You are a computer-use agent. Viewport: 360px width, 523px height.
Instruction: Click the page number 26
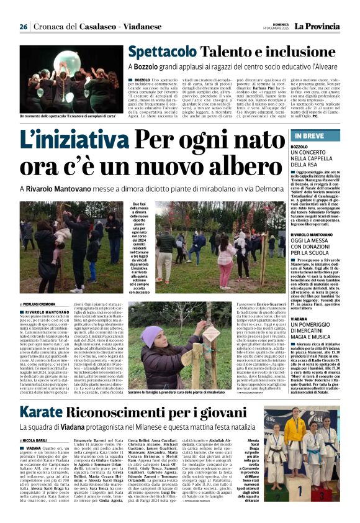pos(23,27)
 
